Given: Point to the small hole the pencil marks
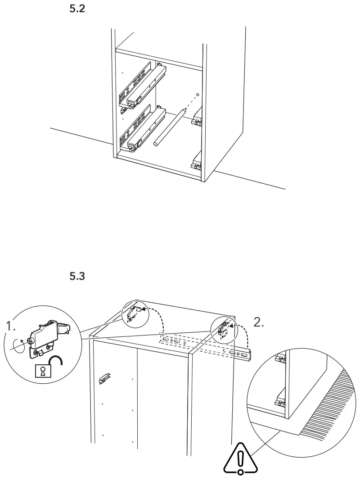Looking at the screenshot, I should tap(198, 95).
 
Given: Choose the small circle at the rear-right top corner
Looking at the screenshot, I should tap(223, 329).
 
